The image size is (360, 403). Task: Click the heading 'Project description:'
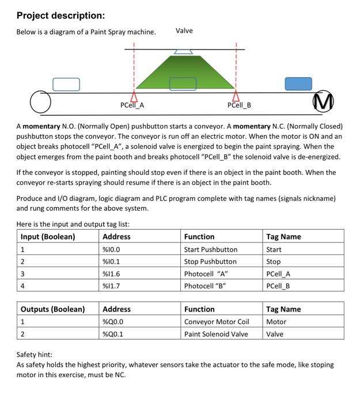60,15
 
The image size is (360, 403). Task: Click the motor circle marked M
323,104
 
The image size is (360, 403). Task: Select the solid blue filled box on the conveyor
298,83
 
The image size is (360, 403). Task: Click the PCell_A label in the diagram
132,105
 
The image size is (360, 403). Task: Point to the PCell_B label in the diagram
239,105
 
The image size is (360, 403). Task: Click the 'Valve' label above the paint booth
184,31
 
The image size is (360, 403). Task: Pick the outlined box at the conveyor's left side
66,84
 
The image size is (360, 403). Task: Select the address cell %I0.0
111,249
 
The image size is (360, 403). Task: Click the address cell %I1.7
111,286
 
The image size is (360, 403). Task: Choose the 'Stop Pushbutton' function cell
210,261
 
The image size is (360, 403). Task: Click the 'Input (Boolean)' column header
48,237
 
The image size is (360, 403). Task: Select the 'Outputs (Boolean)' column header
52,309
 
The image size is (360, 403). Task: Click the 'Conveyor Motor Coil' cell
216,322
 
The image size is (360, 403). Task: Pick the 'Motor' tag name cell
276,322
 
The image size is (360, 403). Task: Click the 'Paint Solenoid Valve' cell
216,334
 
